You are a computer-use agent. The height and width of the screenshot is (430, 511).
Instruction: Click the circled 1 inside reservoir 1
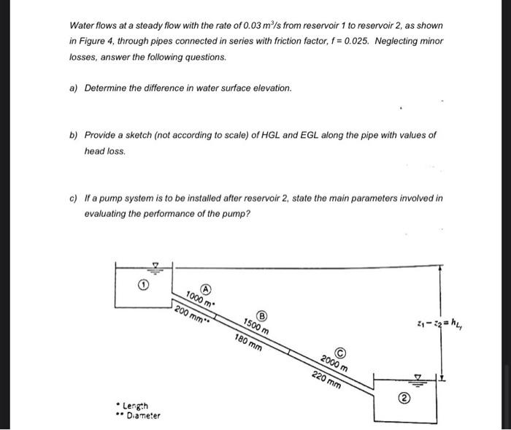point(144,286)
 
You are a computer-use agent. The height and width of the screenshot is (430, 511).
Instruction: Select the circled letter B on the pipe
point(263,315)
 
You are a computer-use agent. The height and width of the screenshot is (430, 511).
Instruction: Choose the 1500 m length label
point(255,327)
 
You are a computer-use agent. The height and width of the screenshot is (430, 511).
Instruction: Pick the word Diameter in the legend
point(143,415)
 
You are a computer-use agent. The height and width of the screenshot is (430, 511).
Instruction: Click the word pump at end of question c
point(238,213)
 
